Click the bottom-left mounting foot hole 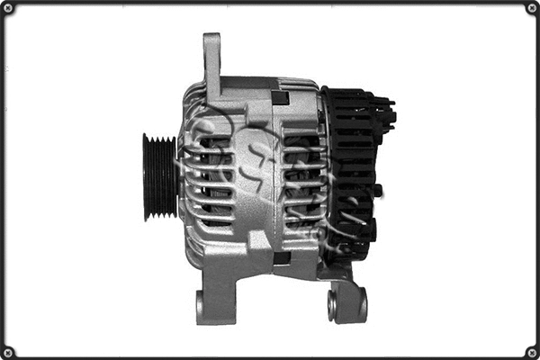click(x=200, y=308)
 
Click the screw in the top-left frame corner click(x=8, y=8)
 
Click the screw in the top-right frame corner click(x=532, y=8)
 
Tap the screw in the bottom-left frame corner click(x=8, y=352)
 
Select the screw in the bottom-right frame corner click(x=532, y=352)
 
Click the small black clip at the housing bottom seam click(x=281, y=257)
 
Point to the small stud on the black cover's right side click(x=378, y=190)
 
